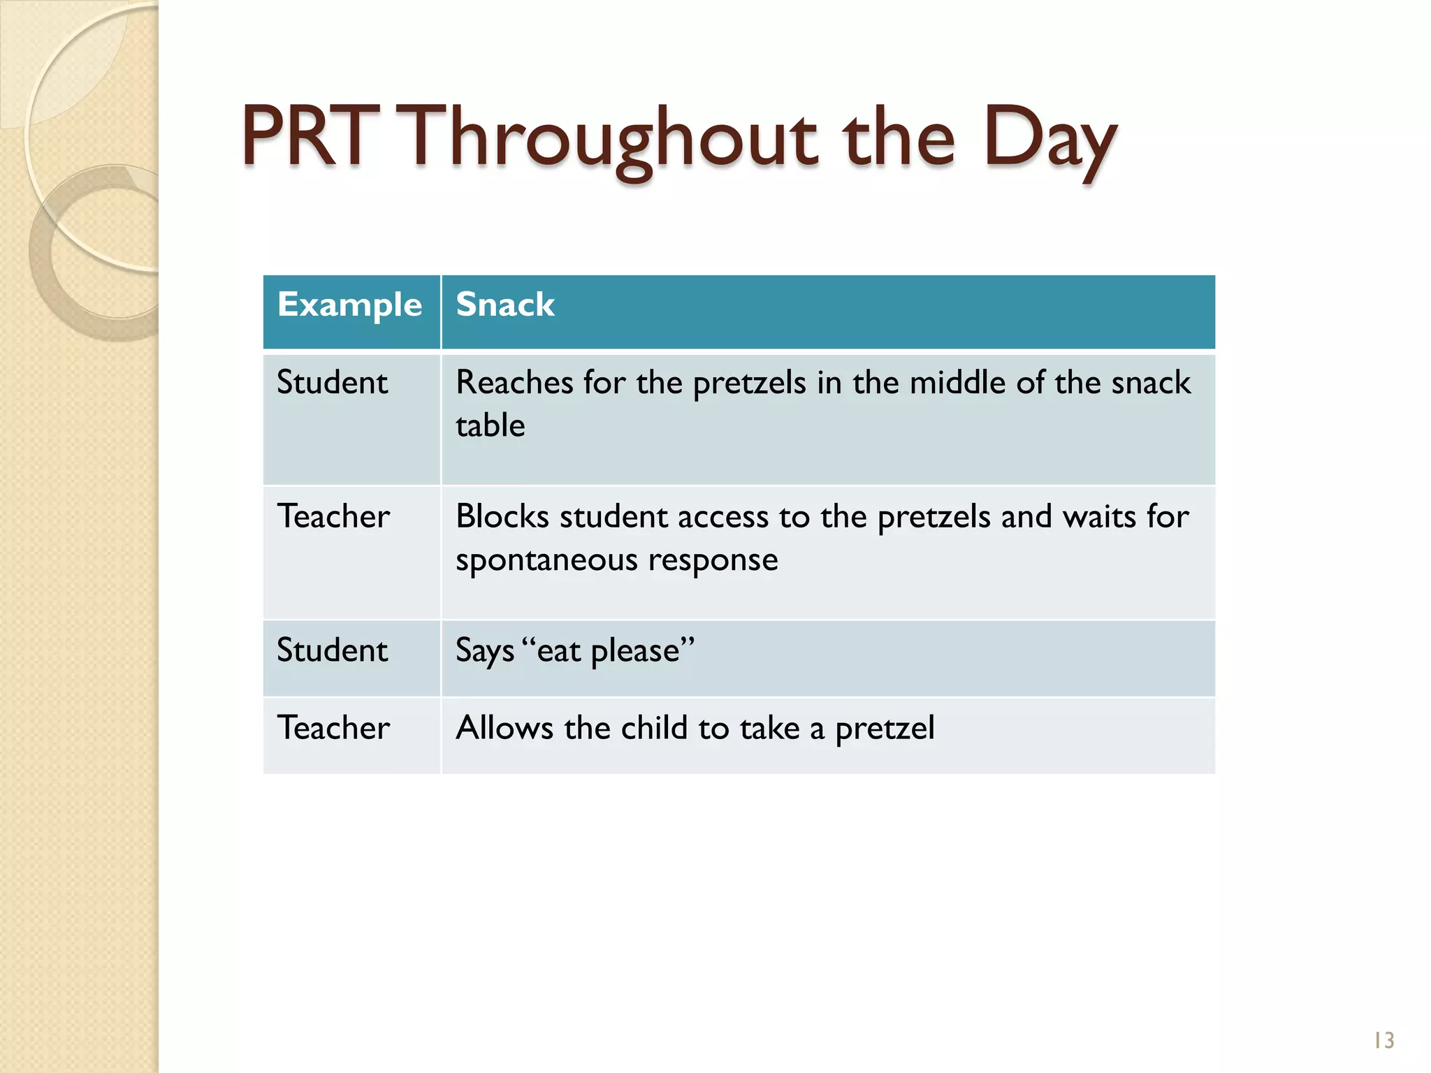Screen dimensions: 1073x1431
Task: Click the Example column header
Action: pyautogui.click(x=349, y=305)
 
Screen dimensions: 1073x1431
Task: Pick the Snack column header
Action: pyautogui.click(x=505, y=305)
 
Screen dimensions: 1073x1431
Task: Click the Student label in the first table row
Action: pyautogui.click(x=332, y=383)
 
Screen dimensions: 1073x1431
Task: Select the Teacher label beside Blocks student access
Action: pyautogui.click(x=333, y=517)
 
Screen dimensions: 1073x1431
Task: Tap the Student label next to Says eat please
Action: pyautogui.click(x=332, y=650)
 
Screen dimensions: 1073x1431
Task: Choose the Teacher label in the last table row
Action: pyautogui.click(x=333, y=728)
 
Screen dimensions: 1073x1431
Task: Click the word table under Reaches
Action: pyautogui.click(x=490, y=425)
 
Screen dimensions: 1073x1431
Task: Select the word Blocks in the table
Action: pyautogui.click(x=502, y=517)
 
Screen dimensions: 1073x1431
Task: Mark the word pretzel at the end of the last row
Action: pyautogui.click(x=885, y=729)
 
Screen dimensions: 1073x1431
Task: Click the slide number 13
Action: pyautogui.click(x=1383, y=1041)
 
